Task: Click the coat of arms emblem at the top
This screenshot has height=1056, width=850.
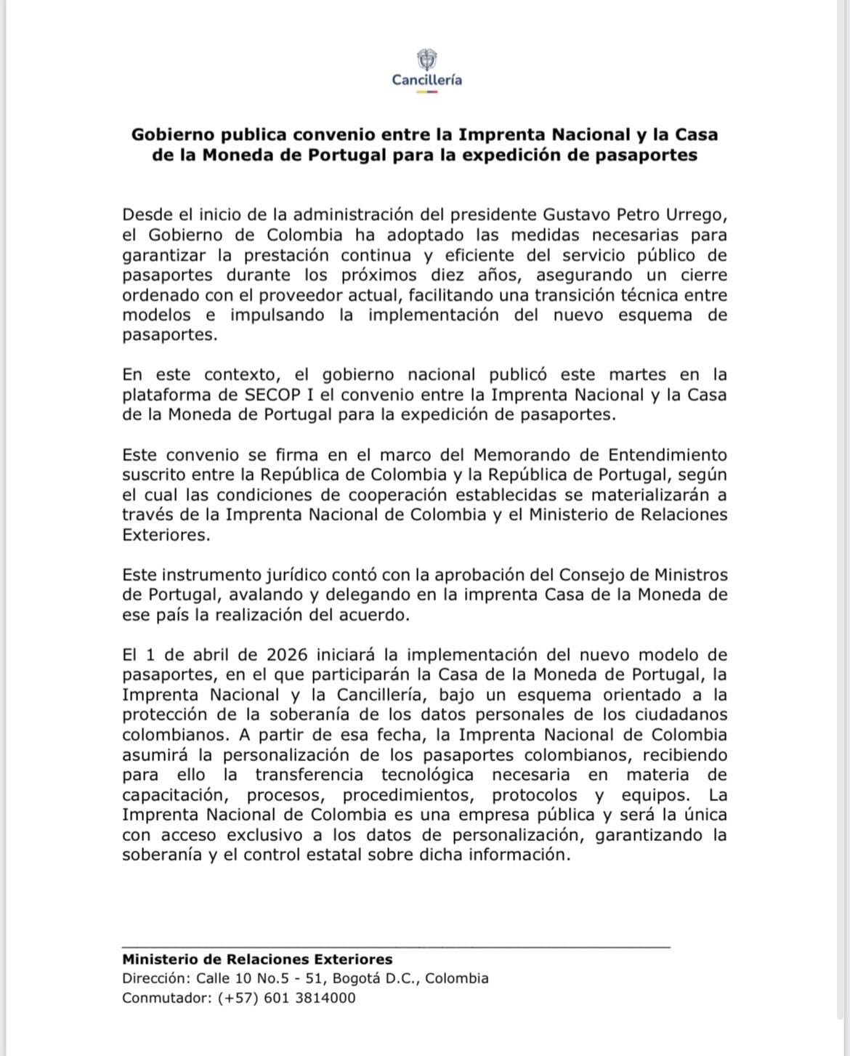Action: click(426, 60)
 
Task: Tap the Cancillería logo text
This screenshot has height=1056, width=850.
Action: click(426, 80)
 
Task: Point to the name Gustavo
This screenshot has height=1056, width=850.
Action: click(576, 215)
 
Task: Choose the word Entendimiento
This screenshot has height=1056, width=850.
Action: click(667, 455)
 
